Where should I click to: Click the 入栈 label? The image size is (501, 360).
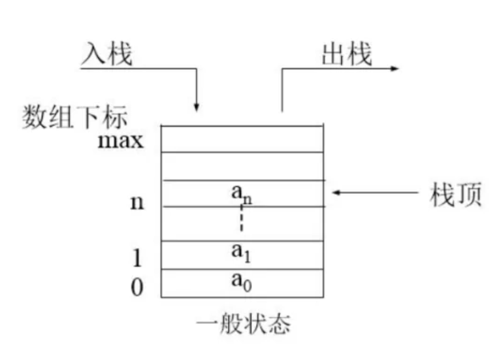[x=106, y=55]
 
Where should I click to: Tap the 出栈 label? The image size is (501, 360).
[x=347, y=55]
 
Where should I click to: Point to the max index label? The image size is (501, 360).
[x=120, y=140]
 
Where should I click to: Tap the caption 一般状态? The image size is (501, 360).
[x=242, y=325]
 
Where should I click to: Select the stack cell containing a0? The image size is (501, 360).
[x=242, y=283]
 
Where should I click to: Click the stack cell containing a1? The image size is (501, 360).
[x=242, y=255]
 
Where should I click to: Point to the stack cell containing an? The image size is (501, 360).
[x=242, y=193]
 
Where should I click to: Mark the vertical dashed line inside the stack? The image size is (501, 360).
[x=241, y=219]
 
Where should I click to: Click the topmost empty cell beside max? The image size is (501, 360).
[x=242, y=139]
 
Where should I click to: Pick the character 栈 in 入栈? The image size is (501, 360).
[x=120, y=55]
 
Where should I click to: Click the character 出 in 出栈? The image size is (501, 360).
[x=334, y=55]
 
